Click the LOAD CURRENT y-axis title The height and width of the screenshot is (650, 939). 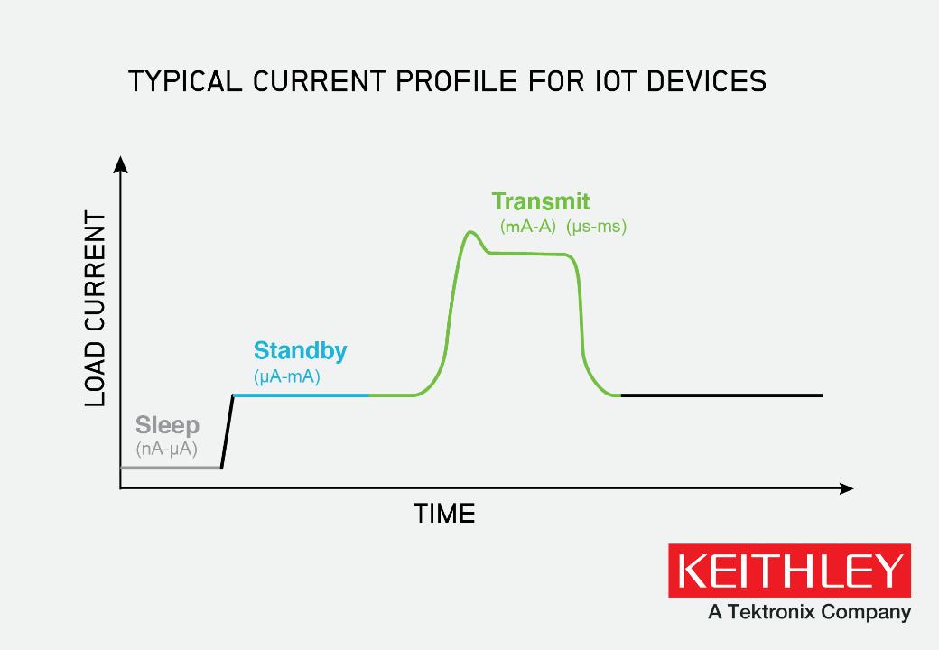click(96, 310)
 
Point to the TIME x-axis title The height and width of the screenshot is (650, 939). click(444, 515)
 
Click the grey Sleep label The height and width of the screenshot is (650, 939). click(167, 425)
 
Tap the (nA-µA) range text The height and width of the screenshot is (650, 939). click(166, 449)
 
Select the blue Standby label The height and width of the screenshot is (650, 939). click(300, 350)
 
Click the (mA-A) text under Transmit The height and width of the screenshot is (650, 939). click(527, 227)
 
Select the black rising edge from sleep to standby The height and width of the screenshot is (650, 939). click(228, 432)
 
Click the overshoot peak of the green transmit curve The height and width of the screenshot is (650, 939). click(470, 233)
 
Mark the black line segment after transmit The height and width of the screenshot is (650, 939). click(722, 395)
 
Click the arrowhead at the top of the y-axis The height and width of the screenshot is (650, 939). click(120, 163)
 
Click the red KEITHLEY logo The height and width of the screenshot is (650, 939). click(789, 571)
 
